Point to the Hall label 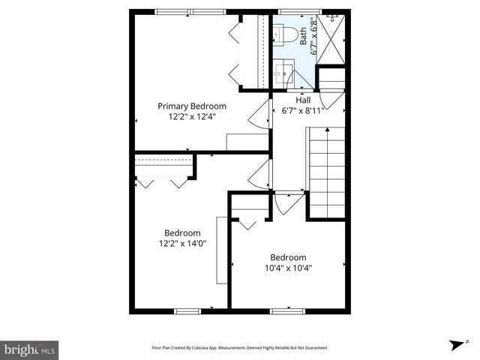(303, 100)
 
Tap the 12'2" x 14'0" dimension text (182, 243)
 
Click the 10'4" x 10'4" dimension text (288, 267)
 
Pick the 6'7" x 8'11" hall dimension (303, 110)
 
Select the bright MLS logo (30, 349)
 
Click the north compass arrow (454, 345)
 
